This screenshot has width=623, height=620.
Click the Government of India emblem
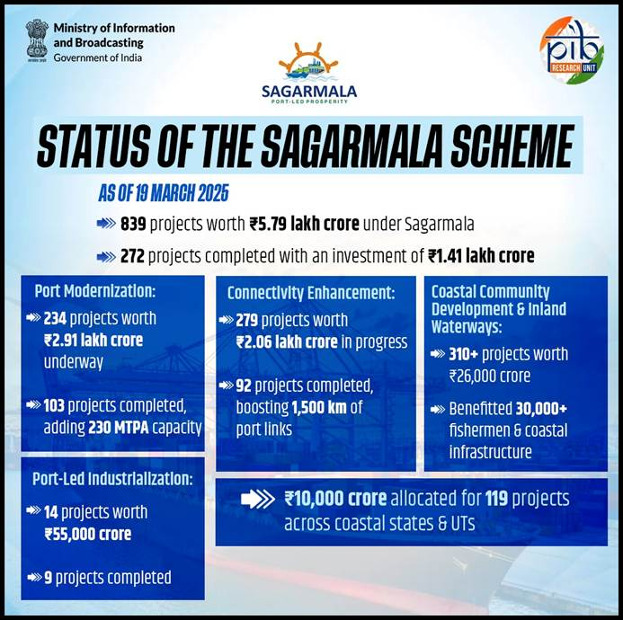click(x=37, y=40)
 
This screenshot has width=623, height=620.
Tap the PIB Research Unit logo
click(x=572, y=50)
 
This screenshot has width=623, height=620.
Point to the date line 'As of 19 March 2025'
click(x=163, y=193)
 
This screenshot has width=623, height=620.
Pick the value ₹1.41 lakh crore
click(x=481, y=256)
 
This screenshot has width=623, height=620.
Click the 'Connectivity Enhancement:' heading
click(x=311, y=293)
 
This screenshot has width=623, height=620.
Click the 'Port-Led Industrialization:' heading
click(x=113, y=480)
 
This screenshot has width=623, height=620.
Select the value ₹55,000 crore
click(x=87, y=534)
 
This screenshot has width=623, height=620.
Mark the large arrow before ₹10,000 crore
click(x=257, y=499)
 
